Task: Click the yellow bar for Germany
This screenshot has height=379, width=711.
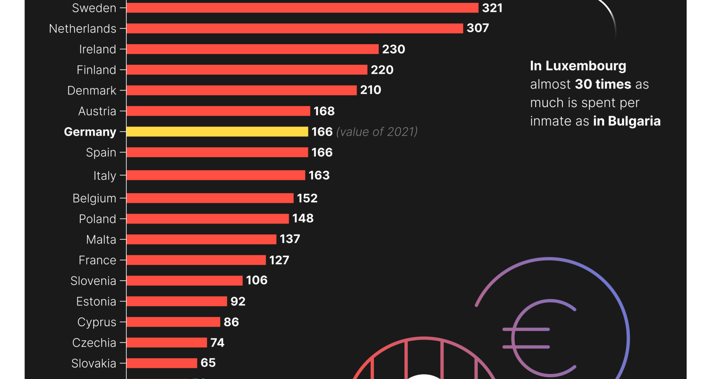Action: point(217,132)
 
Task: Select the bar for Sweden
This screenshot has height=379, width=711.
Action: point(302,8)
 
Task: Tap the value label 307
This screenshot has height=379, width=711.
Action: point(478,28)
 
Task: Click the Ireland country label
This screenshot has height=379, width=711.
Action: point(97,49)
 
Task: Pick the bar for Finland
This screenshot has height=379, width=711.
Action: point(247,70)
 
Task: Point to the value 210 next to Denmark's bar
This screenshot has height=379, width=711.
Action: point(370,90)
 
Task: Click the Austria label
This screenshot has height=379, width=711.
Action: point(97,111)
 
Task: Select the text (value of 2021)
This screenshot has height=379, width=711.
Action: point(377,132)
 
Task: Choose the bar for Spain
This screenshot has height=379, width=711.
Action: point(217,152)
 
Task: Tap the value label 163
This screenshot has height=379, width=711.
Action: point(319,175)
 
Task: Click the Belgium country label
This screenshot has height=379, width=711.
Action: point(94,198)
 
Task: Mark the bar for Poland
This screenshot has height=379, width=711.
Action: point(207,219)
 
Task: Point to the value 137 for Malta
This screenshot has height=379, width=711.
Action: point(290,239)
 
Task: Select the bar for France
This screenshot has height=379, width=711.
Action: point(196,260)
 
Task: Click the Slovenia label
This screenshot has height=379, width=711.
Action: point(93,281)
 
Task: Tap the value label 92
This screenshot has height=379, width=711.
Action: point(238,301)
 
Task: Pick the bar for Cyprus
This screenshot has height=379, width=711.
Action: point(173,322)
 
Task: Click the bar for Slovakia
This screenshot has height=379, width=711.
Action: point(161,363)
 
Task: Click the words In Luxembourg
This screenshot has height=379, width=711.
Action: point(578,66)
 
